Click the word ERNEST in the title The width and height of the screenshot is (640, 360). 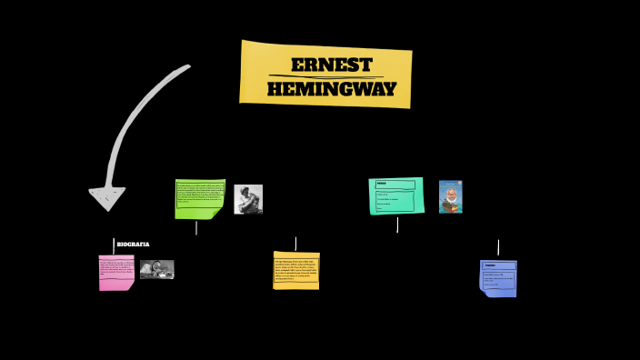pos(332,65)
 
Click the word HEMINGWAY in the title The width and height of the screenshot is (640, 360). pos(332,89)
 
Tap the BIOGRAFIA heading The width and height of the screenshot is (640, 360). pos(133,245)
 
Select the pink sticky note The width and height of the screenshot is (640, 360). pos(116,272)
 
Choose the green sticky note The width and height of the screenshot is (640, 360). pos(199,197)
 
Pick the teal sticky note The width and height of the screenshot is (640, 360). pos(395,196)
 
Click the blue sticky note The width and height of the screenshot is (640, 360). pos(498,277)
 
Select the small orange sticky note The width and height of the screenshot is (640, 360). pos(296,270)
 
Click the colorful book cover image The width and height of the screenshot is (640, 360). pos(450,196)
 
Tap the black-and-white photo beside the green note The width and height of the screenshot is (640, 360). pos(248,199)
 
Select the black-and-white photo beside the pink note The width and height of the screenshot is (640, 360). pos(156,269)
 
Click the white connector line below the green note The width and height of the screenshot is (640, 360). pos(196,227)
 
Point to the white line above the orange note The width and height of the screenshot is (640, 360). pos(295,244)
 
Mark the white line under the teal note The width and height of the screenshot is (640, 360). pos(397,224)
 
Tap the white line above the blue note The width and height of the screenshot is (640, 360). pos(498,247)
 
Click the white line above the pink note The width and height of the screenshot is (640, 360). pos(114,246)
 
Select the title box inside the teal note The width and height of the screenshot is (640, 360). pos(395,185)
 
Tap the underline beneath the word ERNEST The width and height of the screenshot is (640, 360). pos(331,76)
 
